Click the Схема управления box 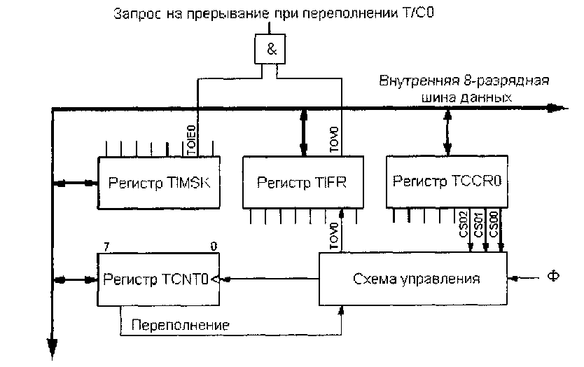(414, 278)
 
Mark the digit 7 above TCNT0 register (106, 246)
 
